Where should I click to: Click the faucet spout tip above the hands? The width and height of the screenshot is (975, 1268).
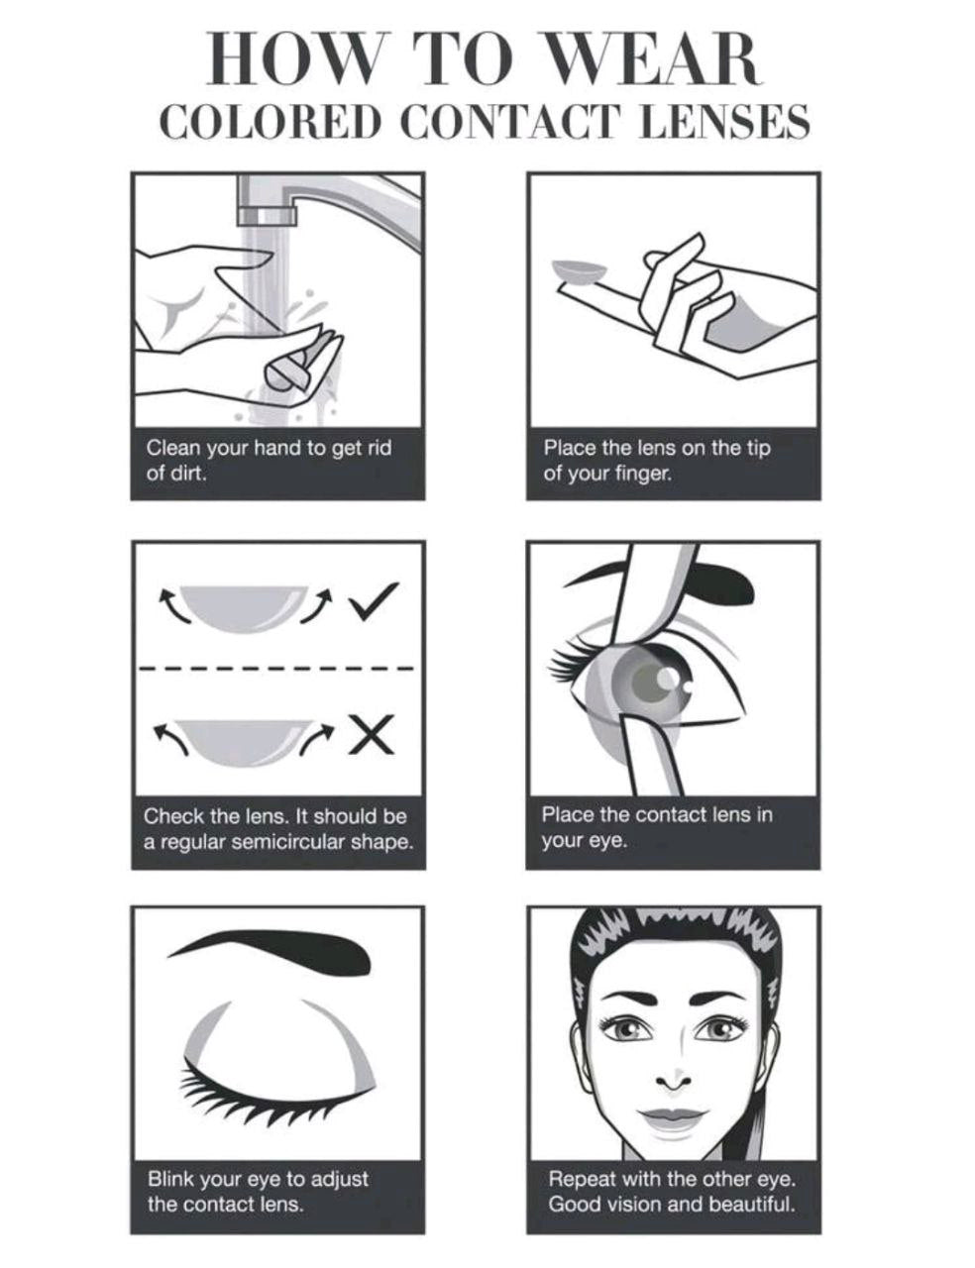(x=267, y=216)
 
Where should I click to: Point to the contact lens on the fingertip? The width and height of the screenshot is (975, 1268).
(x=579, y=271)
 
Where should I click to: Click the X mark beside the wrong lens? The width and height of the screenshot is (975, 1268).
(x=373, y=734)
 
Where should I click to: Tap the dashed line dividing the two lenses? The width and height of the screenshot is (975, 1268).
(x=276, y=668)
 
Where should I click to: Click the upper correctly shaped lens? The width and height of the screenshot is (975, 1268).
(x=243, y=607)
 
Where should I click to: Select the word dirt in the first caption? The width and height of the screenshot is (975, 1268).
(x=188, y=473)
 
